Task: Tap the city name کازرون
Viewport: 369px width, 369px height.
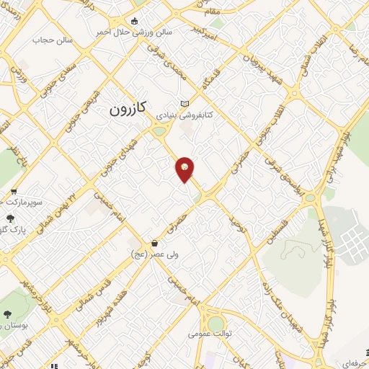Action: point(128,109)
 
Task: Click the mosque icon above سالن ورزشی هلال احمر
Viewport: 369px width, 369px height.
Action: point(136,22)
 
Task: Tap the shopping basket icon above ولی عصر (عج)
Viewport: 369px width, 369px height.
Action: point(155,244)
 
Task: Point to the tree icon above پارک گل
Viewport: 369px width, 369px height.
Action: point(9,218)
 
